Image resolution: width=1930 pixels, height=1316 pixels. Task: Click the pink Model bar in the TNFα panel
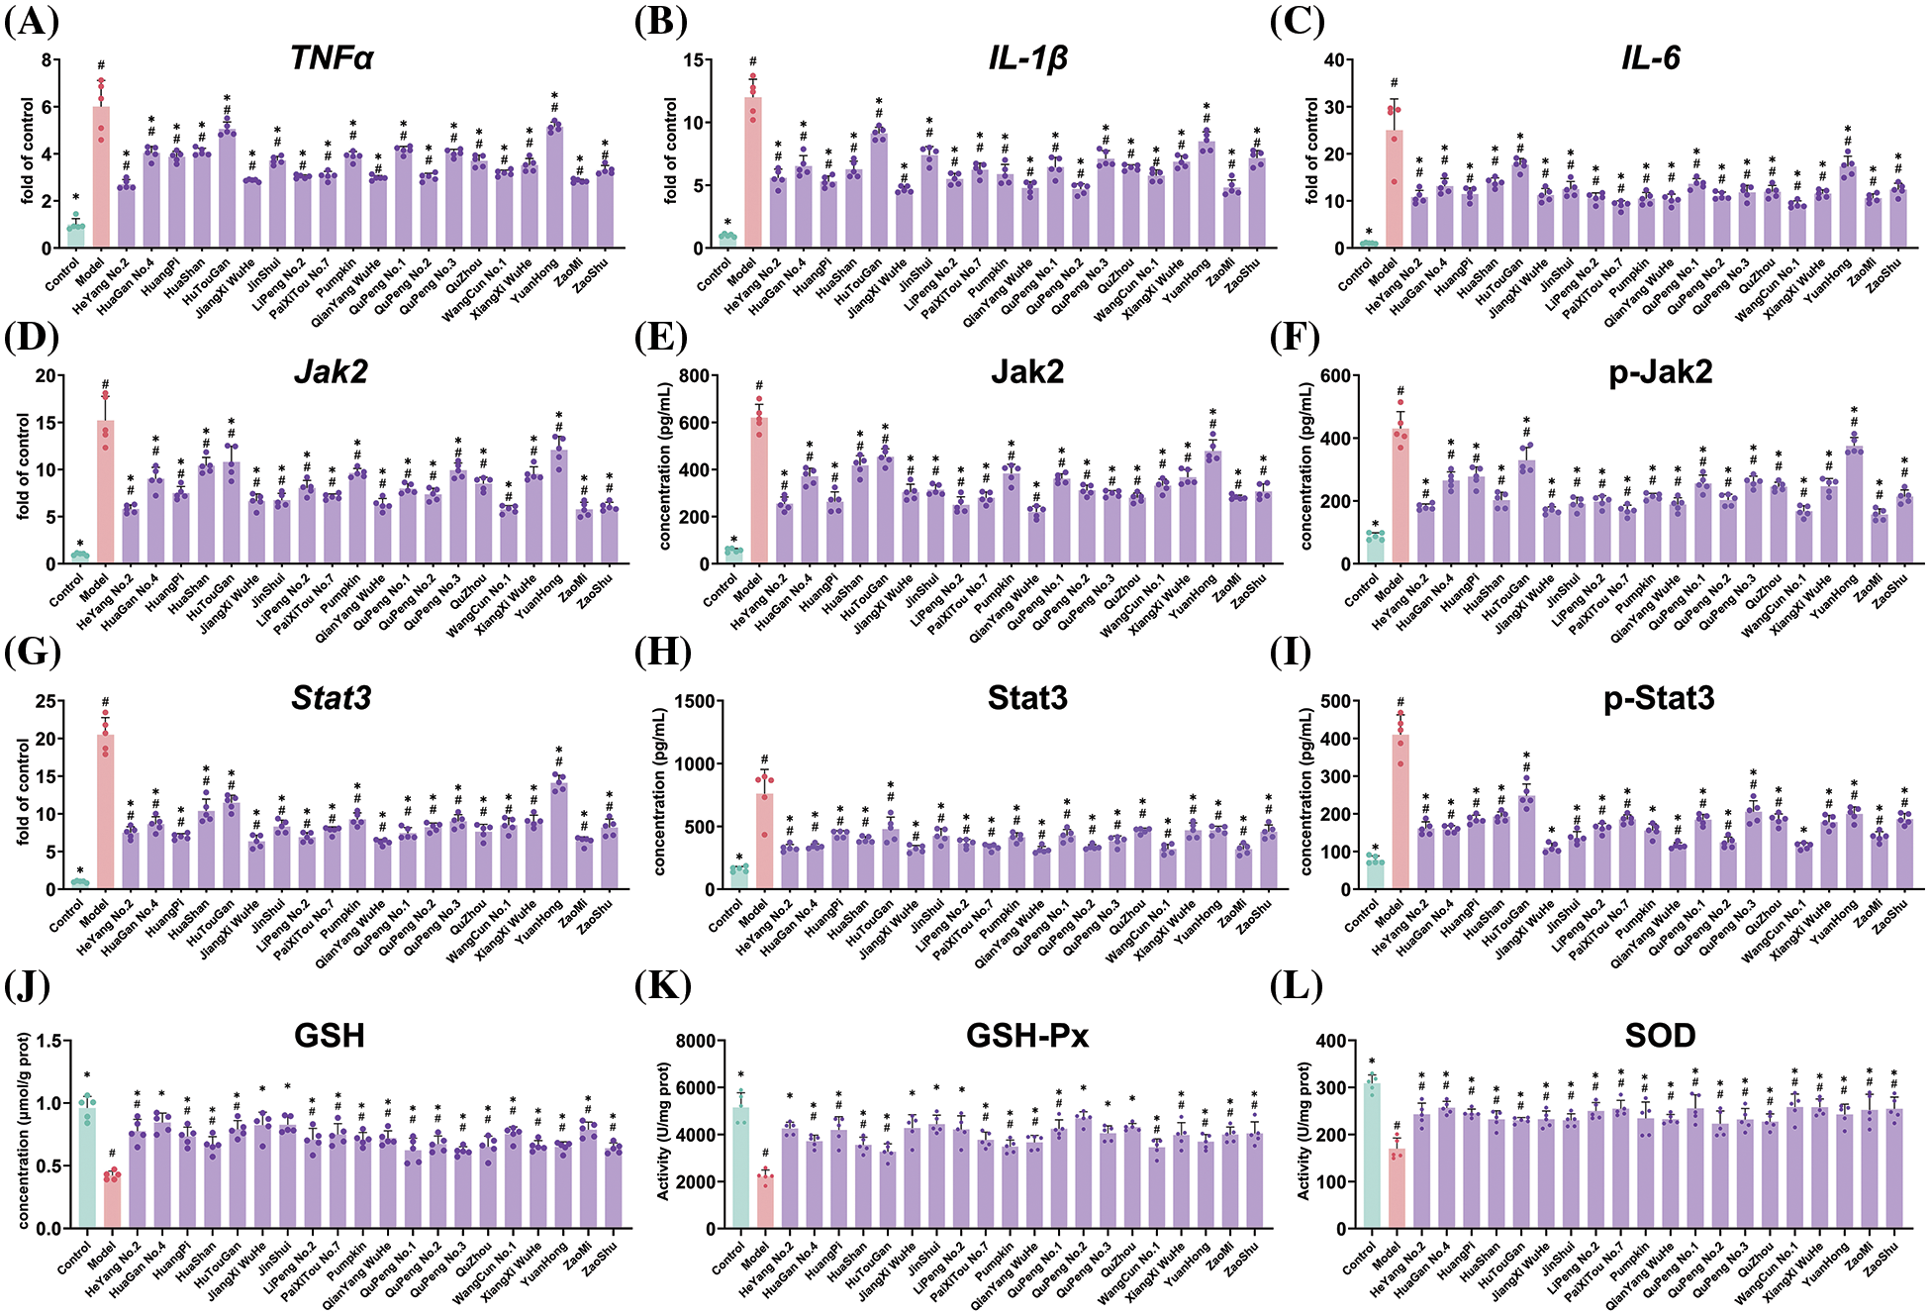[101, 178]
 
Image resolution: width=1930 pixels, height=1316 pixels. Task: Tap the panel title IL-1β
[1027, 58]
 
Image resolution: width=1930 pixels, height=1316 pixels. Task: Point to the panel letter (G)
[32, 654]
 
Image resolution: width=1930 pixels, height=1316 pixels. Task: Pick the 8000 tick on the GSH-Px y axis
[693, 1042]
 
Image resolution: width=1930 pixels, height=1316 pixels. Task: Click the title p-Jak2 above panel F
[1660, 372]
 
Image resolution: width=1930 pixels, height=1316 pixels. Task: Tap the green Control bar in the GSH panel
[87, 1168]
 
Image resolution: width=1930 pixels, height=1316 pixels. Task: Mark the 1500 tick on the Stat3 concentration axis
[690, 702]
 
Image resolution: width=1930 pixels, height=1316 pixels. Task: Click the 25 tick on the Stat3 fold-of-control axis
[46, 702]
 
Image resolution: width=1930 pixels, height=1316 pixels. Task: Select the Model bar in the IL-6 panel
[1394, 189]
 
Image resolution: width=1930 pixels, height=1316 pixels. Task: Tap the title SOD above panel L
[1660, 1036]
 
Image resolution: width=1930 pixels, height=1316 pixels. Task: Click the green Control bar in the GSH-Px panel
[740, 1168]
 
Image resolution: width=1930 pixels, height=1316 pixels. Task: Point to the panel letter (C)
[1298, 22]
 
